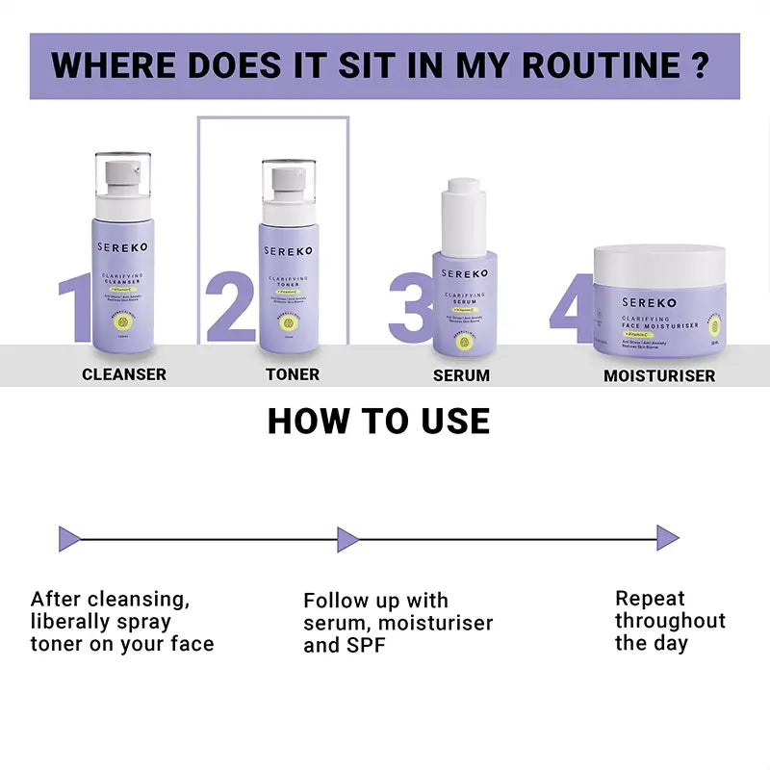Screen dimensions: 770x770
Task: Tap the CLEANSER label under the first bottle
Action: (x=124, y=374)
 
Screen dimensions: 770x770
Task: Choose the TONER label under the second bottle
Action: (x=293, y=374)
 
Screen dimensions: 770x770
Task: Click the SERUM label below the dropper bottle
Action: (x=461, y=375)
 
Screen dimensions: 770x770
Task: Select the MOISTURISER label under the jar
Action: (x=659, y=375)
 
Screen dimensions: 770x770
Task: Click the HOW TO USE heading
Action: (x=378, y=422)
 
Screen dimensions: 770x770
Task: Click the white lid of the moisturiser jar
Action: (x=658, y=266)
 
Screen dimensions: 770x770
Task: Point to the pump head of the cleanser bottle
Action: (x=122, y=178)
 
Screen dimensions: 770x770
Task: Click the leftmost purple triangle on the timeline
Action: (x=67, y=538)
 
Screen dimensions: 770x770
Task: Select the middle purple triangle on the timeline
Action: (x=346, y=538)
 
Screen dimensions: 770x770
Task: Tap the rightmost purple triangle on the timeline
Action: (x=667, y=538)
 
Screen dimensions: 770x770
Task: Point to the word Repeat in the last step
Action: (x=650, y=598)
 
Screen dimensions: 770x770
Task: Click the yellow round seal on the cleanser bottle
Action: (x=123, y=323)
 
